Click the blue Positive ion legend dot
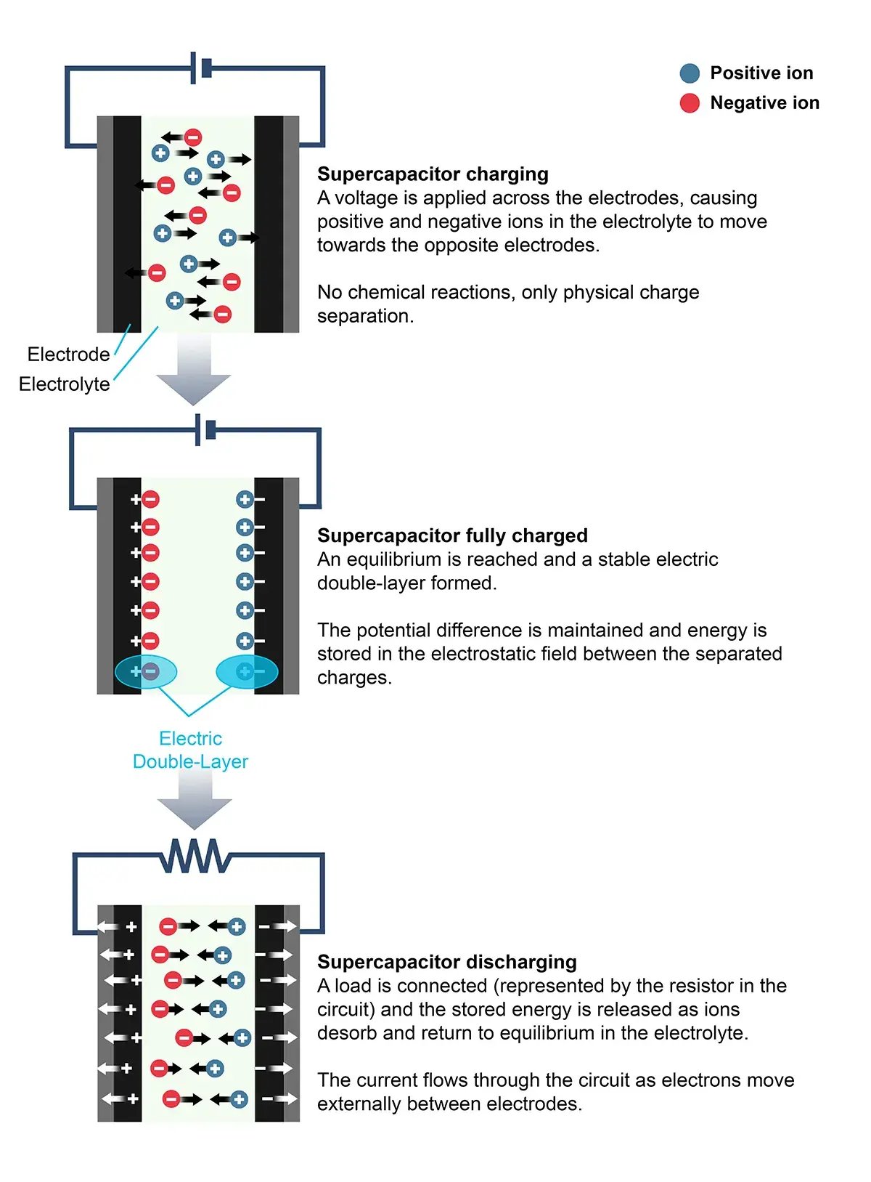point(690,73)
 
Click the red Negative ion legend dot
point(690,103)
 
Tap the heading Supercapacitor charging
point(433,174)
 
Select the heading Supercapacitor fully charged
point(452,535)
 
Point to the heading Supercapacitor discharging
point(446,962)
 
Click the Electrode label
point(68,355)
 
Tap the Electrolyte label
point(64,384)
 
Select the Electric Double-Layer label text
point(190,750)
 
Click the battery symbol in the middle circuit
point(205,430)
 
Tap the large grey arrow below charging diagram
point(194,371)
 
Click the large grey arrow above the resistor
point(195,801)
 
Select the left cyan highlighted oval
point(146,672)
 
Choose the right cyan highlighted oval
point(247,672)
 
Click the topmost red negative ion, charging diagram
point(192,137)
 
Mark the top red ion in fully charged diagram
point(150,500)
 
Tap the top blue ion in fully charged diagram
point(245,500)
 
